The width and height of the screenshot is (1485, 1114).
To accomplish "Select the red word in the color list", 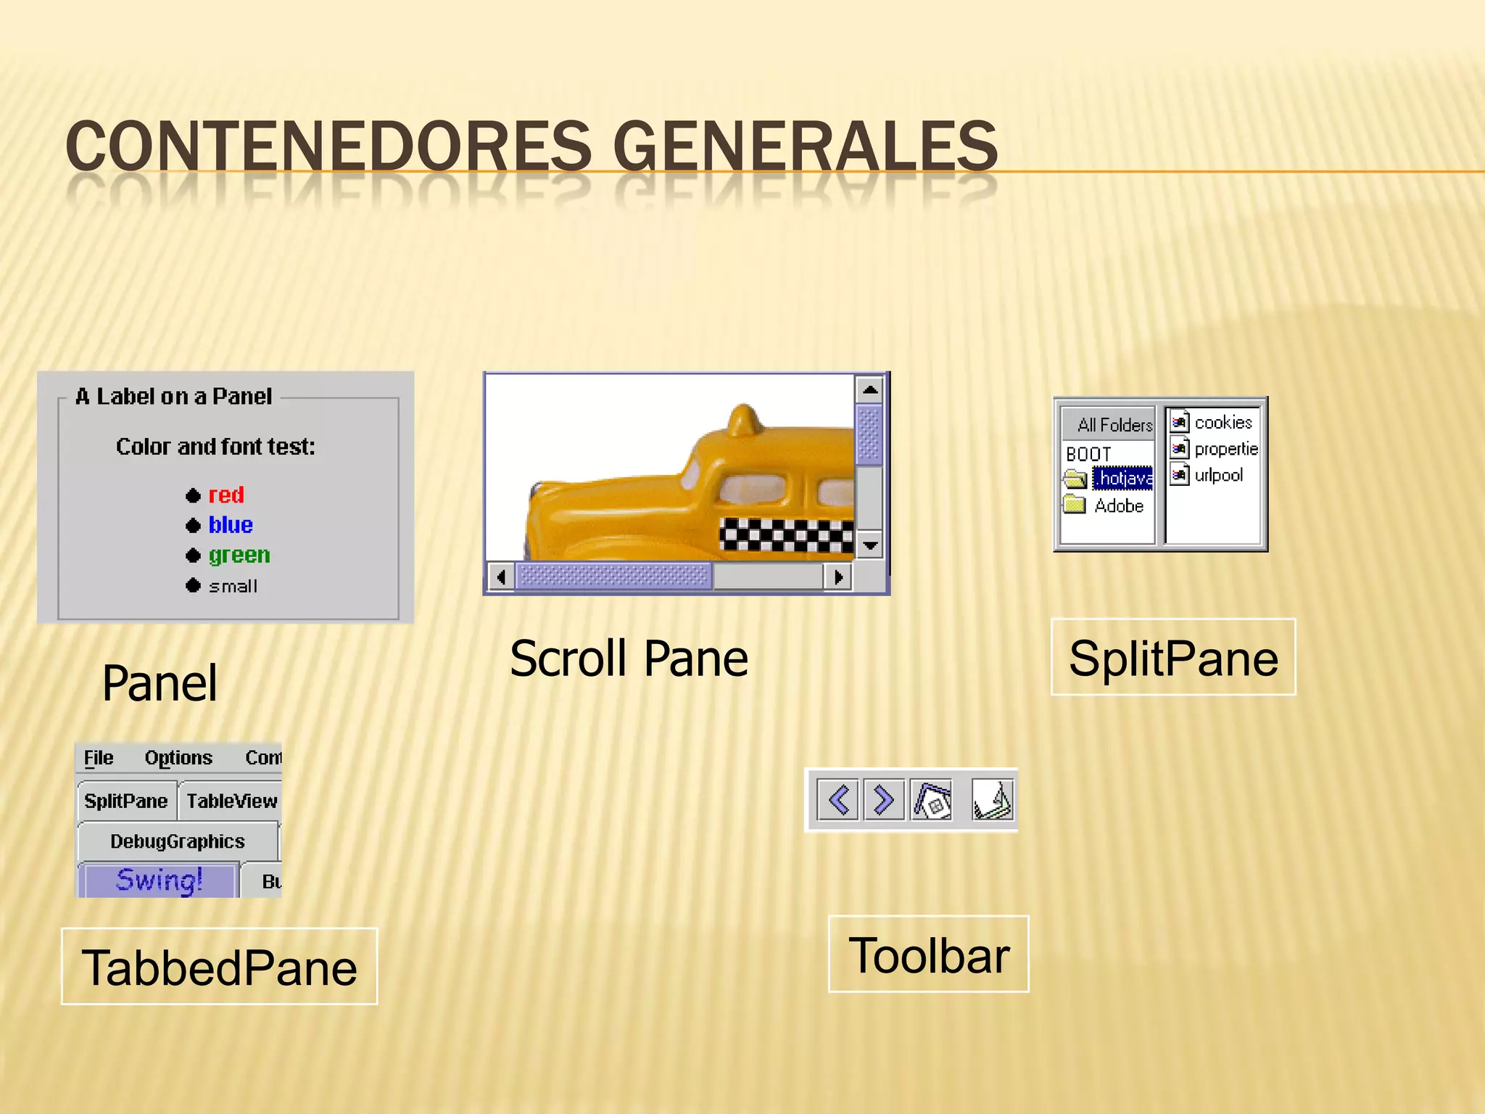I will click(x=226, y=495).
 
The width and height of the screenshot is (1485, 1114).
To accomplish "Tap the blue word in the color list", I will click(x=230, y=525).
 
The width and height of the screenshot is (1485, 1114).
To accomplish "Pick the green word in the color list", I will click(x=239, y=556).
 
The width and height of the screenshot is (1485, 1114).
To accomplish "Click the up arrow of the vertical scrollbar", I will click(x=869, y=390).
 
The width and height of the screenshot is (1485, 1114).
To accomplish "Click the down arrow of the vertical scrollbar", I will click(x=869, y=544).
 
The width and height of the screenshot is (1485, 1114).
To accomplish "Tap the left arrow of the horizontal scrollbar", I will click(x=500, y=577).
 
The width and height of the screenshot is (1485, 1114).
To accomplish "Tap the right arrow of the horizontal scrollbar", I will click(x=838, y=577).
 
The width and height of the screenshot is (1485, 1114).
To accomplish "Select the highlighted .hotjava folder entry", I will click(x=1122, y=478).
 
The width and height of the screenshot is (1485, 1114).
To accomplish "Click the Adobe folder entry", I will click(x=1118, y=506).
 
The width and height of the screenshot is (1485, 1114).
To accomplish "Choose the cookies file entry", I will click(x=1223, y=422).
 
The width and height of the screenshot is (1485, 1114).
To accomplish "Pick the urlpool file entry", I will click(x=1218, y=475).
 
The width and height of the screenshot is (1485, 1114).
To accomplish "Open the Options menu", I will click(x=178, y=758).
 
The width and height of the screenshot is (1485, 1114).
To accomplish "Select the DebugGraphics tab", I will click(x=178, y=841).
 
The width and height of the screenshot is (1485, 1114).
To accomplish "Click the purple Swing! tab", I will click(x=159, y=880).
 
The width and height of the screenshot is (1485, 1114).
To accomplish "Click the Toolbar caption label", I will click(x=928, y=954).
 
